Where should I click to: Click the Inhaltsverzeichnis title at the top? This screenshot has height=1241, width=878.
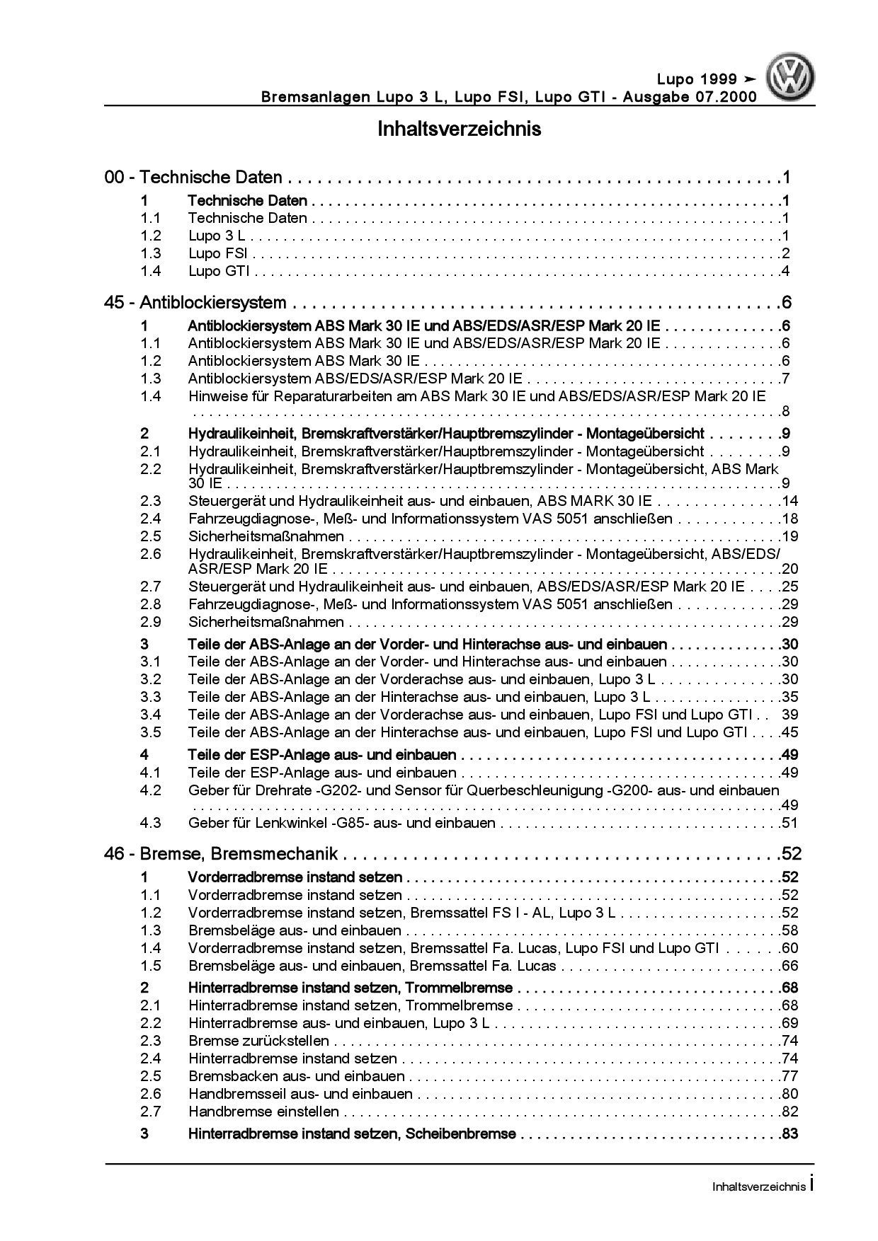(x=459, y=129)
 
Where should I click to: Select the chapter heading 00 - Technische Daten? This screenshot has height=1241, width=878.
(x=193, y=178)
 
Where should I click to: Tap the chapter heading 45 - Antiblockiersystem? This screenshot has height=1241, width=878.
(x=195, y=303)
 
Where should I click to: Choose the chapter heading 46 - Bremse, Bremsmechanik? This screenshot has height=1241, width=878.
(x=221, y=854)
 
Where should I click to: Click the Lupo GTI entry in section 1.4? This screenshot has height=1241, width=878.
(x=218, y=271)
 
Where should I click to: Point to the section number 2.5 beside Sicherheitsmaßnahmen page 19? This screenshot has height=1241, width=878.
(x=151, y=536)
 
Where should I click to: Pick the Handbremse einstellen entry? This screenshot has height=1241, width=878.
(x=263, y=1112)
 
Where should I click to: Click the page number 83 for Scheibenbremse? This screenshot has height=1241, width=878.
(x=789, y=1134)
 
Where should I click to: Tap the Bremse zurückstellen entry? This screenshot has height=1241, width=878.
(x=258, y=1041)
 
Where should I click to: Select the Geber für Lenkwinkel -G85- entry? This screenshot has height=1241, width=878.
(x=341, y=823)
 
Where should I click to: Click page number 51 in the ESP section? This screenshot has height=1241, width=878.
(x=789, y=823)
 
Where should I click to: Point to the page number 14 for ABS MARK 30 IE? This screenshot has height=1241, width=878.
(x=789, y=501)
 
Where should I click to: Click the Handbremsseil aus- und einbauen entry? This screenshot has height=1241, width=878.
(x=300, y=1094)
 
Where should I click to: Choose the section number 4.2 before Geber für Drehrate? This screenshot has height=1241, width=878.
(x=151, y=790)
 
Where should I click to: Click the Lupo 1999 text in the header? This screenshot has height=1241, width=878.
(x=693, y=79)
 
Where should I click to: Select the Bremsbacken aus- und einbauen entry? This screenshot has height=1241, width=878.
(x=296, y=1076)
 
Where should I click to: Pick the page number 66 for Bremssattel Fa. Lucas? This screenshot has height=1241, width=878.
(x=789, y=966)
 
